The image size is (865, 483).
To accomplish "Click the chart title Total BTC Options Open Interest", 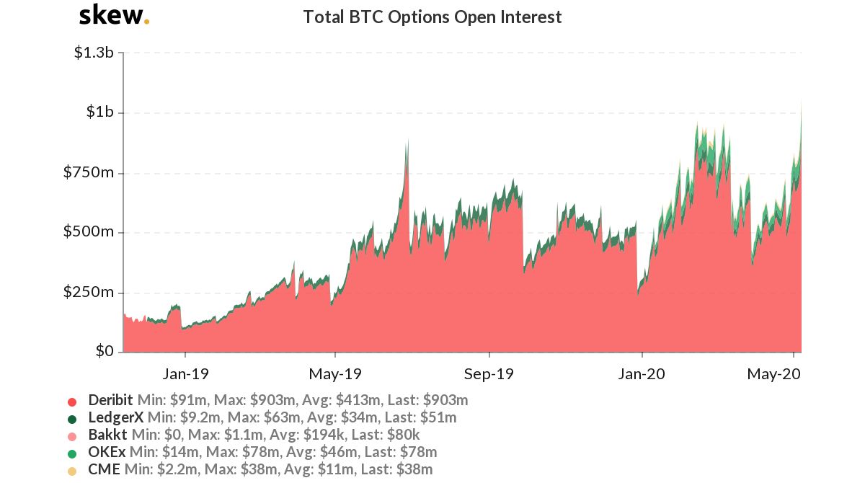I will click(432, 17).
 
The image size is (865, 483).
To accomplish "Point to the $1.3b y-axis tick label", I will click(94, 53).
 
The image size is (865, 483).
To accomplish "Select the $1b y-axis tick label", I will click(99, 112).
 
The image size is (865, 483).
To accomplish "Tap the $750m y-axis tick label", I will click(90, 172).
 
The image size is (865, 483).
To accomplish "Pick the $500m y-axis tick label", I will click(90, 232).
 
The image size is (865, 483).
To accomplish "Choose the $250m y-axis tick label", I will click(90, 292).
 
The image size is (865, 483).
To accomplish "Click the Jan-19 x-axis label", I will click(185, 375).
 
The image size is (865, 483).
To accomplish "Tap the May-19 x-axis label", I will click(335, 375).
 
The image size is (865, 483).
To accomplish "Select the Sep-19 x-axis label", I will click(489, 375).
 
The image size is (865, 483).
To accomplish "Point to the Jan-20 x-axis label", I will click(642, 375).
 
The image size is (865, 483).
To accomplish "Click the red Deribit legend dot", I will click(71, 401).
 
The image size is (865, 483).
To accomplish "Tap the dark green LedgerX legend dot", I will click(71, 418).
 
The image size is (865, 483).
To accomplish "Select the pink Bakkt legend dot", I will click(71, 435).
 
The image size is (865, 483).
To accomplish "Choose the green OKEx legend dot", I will click(71, 453).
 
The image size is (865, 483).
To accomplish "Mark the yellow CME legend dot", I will click(71, 470).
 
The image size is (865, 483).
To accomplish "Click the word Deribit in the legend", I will click(110, 400).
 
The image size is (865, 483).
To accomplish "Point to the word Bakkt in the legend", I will click(108, 435).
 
